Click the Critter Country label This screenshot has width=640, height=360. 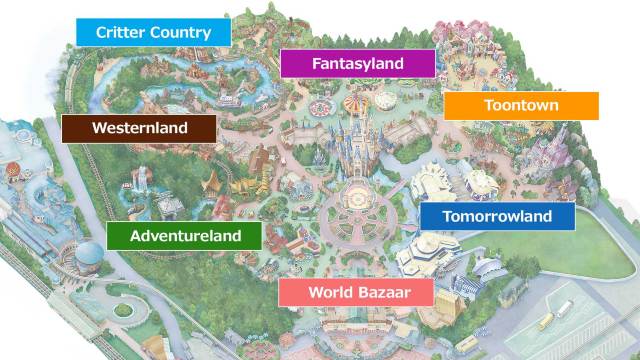point(153,32)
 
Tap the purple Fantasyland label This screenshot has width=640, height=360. point(358,64)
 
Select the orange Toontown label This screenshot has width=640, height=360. point(521,106)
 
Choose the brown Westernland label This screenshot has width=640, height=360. point(138,129)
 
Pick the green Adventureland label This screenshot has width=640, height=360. point(186,237)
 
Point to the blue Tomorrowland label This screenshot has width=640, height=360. point(497,216)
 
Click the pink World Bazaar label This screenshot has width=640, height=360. point(356,293)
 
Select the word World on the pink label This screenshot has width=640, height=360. point(329,293)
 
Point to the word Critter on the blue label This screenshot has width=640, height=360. point(118,32)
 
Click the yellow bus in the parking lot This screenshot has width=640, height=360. point(546,322)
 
